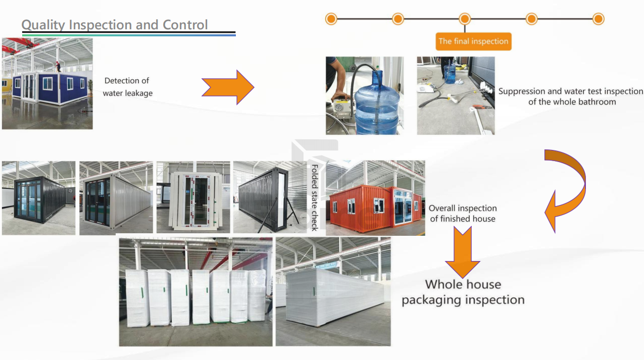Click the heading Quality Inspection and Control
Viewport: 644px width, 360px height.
[x=115, y=25]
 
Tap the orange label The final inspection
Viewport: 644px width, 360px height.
[x=473, y=41]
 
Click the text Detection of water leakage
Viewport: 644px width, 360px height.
[x=127, y=87]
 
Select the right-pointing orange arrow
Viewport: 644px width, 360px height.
[x=228, y=87]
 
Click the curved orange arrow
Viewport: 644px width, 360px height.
[x=567, y=189]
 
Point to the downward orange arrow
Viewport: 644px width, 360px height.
[x=462, y=251]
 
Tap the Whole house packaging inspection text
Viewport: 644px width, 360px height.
[x=463, y=292]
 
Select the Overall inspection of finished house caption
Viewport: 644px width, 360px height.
[x=462, y=214]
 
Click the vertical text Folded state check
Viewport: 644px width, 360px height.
[x=314, y=197]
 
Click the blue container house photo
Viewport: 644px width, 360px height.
[x=47, y=84]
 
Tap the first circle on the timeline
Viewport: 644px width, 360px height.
[x=331, y=19]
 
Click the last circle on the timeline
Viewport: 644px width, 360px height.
[x=598, y=19]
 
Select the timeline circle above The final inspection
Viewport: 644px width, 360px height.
[x=465, y=19]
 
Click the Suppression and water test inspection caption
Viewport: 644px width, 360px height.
[x=571, y=96]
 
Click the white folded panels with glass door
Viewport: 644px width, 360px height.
[x=193, y=198]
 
